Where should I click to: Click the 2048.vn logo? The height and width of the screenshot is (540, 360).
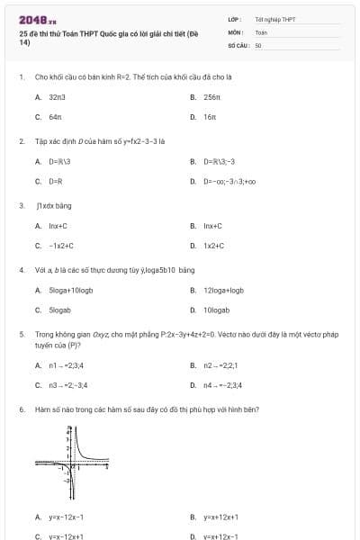point(38,19)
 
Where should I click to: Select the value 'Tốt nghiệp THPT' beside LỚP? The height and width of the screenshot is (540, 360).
point(274,18)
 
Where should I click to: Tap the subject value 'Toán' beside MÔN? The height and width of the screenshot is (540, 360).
point(261,31)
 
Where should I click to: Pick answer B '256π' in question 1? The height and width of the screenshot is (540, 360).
point(211,95)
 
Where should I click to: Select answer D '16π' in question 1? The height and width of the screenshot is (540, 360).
point(209,117)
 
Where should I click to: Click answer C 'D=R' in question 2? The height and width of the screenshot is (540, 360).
point(55,181)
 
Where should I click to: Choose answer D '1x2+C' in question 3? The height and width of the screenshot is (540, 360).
point(212,245)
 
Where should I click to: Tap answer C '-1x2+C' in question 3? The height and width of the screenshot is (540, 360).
point(60,245)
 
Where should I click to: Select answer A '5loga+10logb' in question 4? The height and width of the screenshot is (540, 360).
point(71,289)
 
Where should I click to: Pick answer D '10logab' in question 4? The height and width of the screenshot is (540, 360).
point(216,309)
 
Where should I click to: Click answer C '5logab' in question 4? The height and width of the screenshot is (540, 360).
point(58,309)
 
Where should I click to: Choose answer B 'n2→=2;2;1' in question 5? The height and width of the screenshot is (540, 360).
point(220,364)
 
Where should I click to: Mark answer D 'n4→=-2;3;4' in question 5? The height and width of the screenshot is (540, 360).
point(222,385)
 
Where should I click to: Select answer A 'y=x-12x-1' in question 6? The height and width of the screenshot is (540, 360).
point(67,517)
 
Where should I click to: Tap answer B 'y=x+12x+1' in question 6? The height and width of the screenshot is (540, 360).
point(220,517)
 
